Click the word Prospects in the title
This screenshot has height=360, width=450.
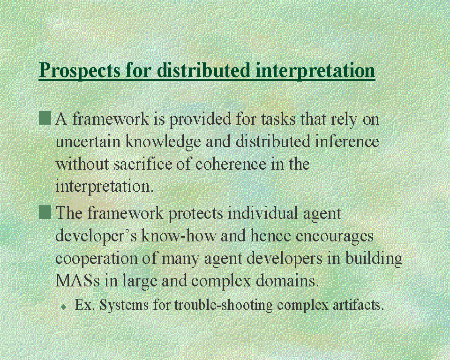[x=80, y=70]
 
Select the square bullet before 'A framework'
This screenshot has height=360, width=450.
[x=45, y=118]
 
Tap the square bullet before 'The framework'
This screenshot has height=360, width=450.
[x=45, y=212]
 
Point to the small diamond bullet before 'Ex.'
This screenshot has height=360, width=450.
[x=64, y=307]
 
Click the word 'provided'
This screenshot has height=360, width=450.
[x=200, y=119]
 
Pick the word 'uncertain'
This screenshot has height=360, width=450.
[x=88, y=142]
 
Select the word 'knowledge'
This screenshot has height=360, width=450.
[x=163, y=142]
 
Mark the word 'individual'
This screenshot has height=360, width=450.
[x=263, y=213]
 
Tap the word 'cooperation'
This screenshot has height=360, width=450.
[x=97, y=259]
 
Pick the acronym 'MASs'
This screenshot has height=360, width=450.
[x=77, y=280]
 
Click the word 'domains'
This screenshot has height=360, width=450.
[x=287, y=280]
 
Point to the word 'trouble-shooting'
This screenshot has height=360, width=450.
[x=224, y=305]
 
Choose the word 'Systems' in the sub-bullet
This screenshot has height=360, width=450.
[x=124, y=305]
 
